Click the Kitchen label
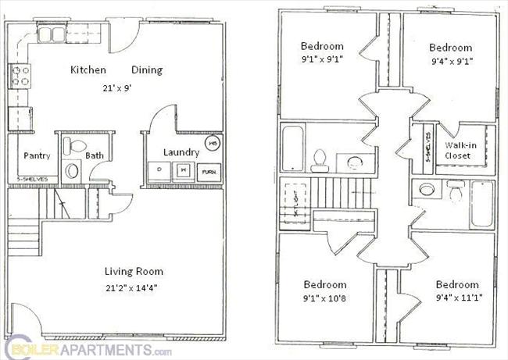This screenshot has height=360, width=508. [x=88, y=70]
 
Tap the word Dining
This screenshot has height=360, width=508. [x=147, y=70]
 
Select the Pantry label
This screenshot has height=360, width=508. [x=37, y=155]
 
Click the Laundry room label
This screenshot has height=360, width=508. [x=181, y=152]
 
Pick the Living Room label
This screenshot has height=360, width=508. [x=134, y=271]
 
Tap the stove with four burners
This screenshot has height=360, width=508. [x=19, y=77]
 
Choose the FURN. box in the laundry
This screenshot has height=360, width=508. [x=209, y=170]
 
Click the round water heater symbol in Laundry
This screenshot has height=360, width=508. [x=212, y=144]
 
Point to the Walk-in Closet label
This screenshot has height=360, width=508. [x=458, y=150]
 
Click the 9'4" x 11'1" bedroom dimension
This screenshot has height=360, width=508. [x=457, y=298]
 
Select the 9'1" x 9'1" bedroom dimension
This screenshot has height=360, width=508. [x=323, y=57]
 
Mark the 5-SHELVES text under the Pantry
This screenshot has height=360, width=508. [x=32, y=179]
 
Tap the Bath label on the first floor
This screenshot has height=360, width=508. [x=95, y=155]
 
